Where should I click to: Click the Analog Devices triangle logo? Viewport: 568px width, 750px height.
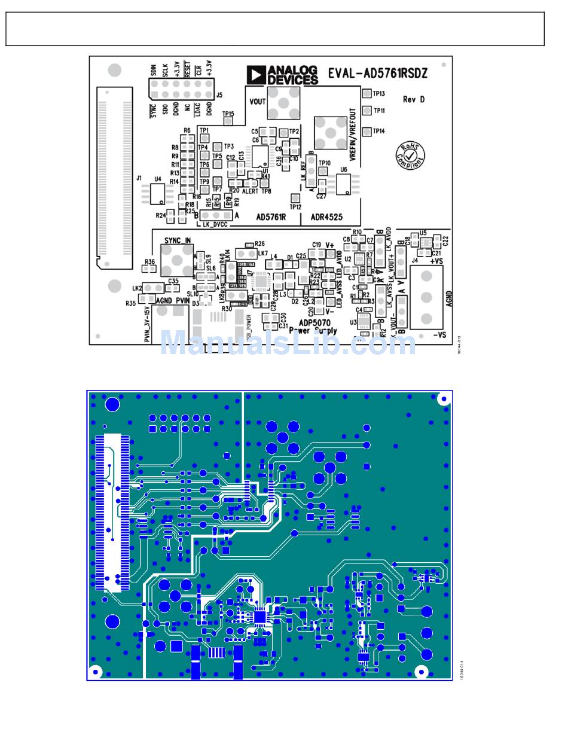255,75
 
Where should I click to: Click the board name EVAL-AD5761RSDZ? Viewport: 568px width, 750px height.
377,74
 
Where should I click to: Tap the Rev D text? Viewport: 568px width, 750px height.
414,99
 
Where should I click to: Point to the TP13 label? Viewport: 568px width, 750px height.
379,94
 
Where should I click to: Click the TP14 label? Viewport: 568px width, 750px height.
379,131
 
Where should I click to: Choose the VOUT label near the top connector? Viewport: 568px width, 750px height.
257,102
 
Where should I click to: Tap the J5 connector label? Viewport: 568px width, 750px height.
219,94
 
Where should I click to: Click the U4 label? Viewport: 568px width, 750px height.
158,179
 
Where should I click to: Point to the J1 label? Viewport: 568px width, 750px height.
139,178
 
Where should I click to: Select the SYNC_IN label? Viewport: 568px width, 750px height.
177,240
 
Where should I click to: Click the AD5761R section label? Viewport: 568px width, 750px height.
271,217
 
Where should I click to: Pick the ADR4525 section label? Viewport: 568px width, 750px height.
326,217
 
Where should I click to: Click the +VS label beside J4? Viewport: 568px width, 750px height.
436,261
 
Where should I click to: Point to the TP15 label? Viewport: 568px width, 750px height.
228,114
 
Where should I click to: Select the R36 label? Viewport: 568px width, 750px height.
149,262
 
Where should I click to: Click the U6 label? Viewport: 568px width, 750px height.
343,170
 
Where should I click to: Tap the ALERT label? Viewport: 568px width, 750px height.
250,191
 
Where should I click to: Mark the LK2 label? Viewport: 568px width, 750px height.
137,288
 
